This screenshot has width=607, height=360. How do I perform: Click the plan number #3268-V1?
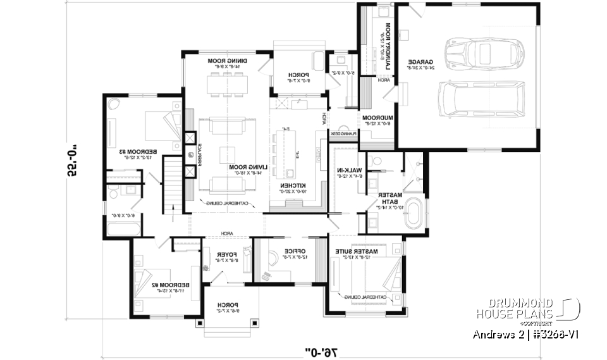(551, 334)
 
